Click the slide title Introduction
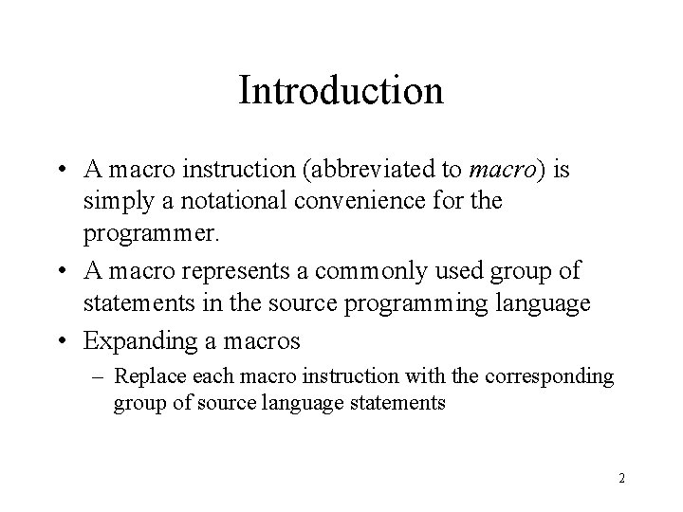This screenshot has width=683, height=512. point(341,91)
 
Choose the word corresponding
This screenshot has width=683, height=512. point(560,375)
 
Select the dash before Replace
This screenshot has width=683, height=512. point(99,375)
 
